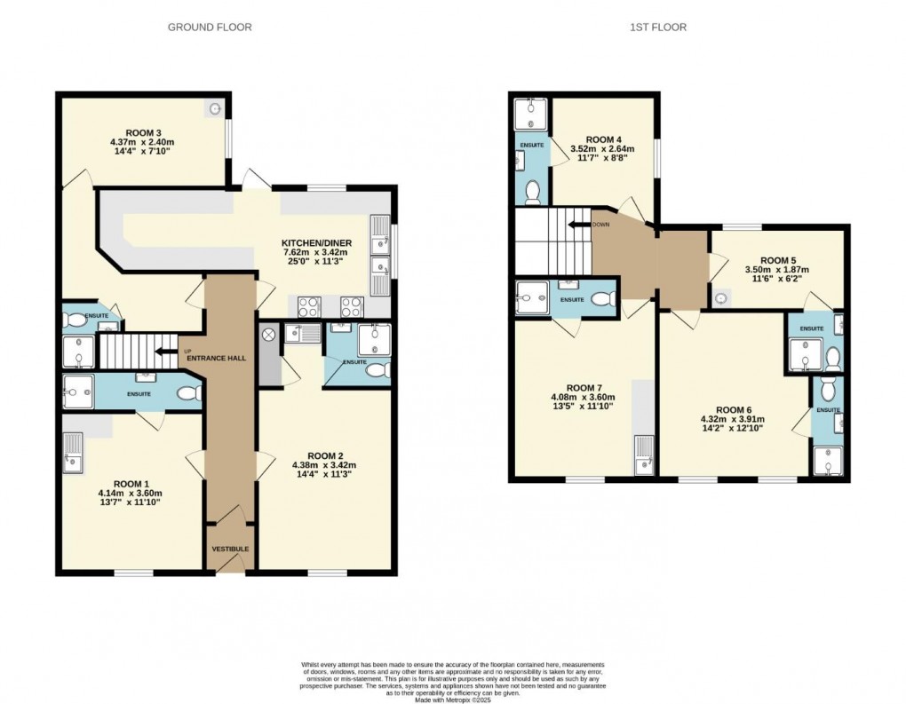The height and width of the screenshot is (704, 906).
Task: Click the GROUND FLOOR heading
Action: click(x=210, y=28)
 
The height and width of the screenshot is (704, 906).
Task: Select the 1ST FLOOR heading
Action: click(x=658, y=28)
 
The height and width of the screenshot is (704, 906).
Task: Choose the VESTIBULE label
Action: click(x=230, y=550)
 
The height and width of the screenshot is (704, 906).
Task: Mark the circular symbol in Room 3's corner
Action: click(x=216, y=108)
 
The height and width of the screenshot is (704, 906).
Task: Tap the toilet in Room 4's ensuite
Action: click(x=533, y=191)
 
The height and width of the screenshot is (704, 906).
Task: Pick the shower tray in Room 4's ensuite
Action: click(x=532, y=113)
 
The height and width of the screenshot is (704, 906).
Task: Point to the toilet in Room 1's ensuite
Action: click(x=187, y=393)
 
